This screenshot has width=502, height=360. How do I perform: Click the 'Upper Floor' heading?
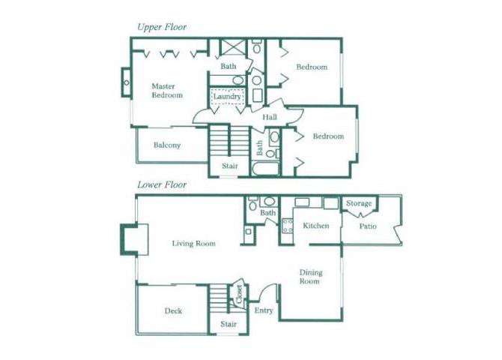(x=161, y=27)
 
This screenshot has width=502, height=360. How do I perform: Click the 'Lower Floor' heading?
(x=161, y=184)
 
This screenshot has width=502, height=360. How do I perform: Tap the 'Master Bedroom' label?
(x=166, y=91)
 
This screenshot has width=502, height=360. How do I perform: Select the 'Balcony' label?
(x=167, y=145)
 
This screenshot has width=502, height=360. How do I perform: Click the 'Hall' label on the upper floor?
(x=270, y=117)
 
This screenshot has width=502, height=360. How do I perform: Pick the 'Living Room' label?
(x=193, y=244)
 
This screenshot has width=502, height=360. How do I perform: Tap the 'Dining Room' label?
(x=310, y=277)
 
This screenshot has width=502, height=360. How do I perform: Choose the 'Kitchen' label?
(x=315, y=226)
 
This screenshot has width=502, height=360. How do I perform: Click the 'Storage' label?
(x=359, y=203)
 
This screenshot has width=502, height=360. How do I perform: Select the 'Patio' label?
(x=367, y=226)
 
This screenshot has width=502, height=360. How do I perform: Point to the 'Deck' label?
(x=173, y=311)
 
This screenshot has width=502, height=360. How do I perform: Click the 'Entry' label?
(x=264, y=310)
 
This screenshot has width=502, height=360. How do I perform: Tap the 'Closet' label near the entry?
(x=238, y=295)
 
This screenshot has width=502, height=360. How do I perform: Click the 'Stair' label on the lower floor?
(x=229, y=324)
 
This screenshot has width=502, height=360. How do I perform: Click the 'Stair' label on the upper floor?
(x=229, y=166)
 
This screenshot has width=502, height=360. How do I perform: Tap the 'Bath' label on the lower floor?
(x=267, y=214)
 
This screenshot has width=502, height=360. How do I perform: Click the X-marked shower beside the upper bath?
(x=233, y=48)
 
